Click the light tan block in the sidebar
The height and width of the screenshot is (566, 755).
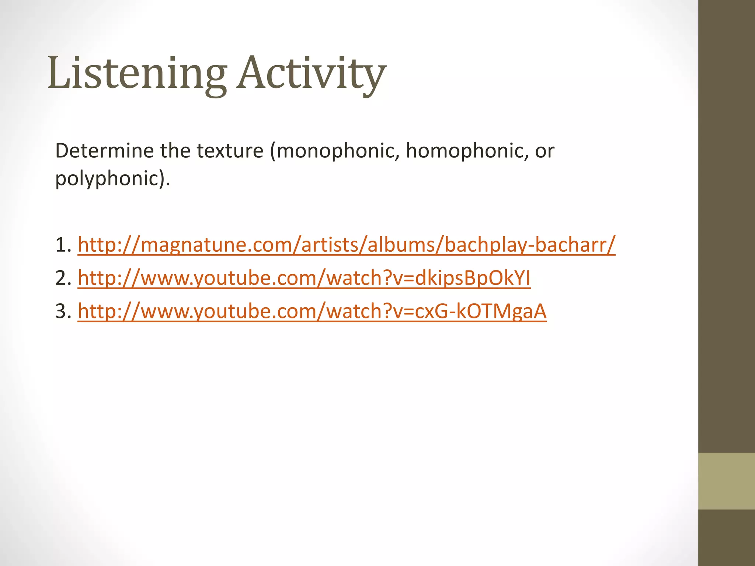point(726,481)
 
